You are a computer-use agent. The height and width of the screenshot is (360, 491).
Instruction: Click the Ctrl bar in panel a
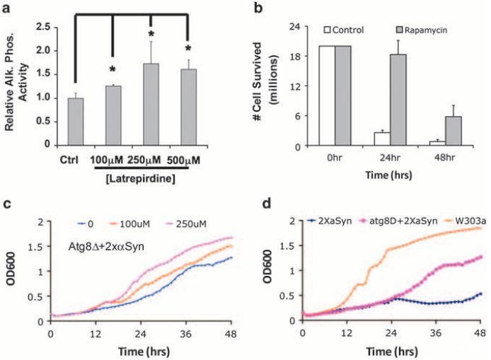(74, 121)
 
